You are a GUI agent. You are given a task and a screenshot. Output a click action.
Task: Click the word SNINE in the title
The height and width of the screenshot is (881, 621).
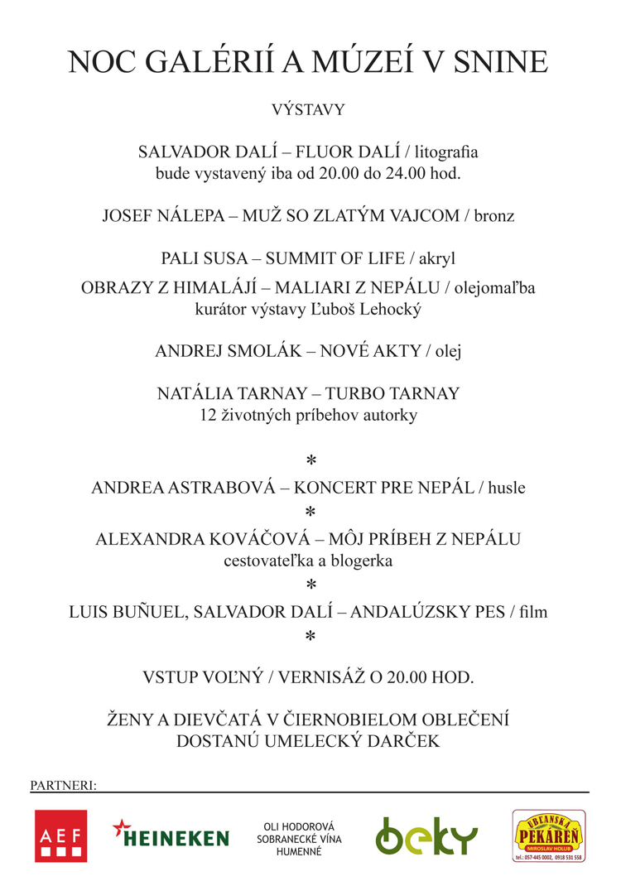click(507, 64)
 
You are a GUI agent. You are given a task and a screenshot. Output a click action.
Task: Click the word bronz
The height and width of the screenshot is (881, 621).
click(495, 216)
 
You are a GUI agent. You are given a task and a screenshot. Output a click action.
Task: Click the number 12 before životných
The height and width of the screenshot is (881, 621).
click(209, 416)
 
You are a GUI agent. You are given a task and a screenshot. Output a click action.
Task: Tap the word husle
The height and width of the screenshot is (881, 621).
click(507, 488)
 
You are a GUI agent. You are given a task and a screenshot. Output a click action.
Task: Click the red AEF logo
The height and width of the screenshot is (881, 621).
click(60, 836)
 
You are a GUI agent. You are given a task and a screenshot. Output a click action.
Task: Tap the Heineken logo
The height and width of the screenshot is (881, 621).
click(171, 835)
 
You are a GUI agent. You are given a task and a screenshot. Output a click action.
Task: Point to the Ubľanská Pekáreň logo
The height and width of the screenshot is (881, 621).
click(547, 835)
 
